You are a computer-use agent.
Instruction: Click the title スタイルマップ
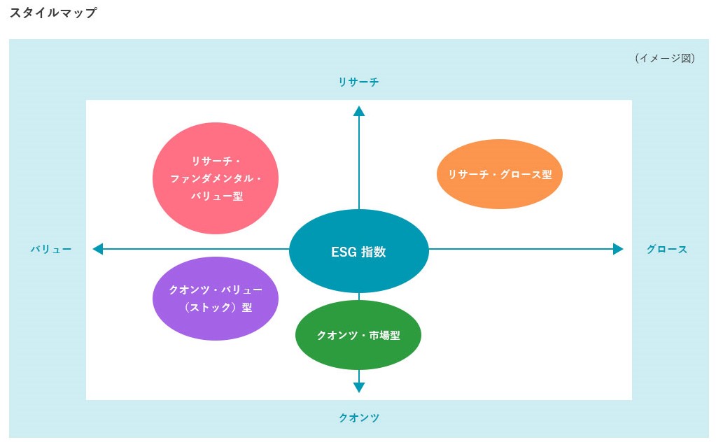point(53,13)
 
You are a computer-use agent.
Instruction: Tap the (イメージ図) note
point(664,59)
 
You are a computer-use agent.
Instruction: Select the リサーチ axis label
point(358,83)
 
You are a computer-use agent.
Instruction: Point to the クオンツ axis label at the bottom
point(358,418)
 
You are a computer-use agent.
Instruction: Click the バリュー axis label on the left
point(51,249)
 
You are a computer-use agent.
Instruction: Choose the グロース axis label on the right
point(666,249)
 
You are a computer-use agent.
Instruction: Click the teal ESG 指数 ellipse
point(358,251)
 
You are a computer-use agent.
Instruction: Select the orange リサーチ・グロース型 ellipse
point(500,175)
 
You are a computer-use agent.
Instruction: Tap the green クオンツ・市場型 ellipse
point(358,335)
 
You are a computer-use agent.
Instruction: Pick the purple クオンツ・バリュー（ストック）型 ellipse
point(216,299)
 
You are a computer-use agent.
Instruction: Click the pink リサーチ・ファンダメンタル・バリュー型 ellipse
point(216,178)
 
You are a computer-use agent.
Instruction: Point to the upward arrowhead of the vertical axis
point(359,110)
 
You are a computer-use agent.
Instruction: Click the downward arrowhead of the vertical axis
point(359,387)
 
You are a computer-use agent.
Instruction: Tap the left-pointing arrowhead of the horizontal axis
point(98,248)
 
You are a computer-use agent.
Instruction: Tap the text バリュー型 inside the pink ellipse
point(216,197)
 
